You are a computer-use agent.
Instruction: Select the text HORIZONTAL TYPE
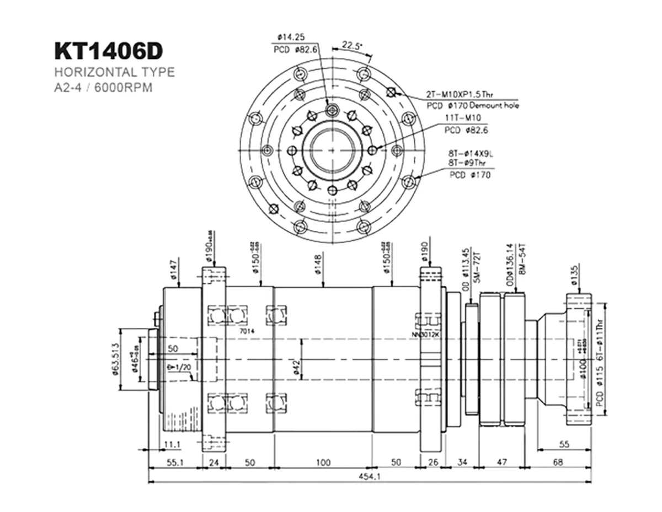[114, 72]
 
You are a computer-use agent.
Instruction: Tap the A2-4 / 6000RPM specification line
[103, 88]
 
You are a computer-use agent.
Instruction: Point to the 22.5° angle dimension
[351, 45]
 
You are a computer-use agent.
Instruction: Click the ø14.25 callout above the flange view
[291, 37]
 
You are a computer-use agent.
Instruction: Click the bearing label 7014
[247, 331]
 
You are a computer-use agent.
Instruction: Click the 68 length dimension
[558, 462]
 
